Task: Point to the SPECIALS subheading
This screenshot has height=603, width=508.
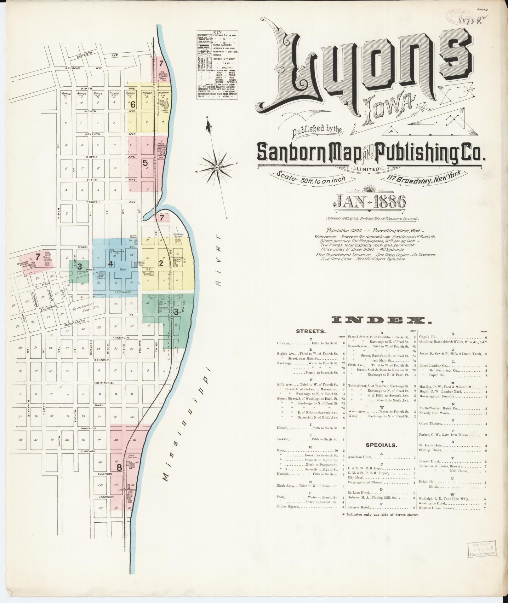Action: click(x=381, y=445)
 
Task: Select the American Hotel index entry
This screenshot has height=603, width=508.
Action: click(x=360, y=457)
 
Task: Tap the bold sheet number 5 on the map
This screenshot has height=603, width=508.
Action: click(x=145, y=163)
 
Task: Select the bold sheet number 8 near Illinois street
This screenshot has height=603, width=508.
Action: click(x=119, y=468)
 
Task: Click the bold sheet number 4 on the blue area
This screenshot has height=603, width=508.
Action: click(x=111, y=264)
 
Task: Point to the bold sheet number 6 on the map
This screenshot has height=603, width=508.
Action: click(x=133, y=104)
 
